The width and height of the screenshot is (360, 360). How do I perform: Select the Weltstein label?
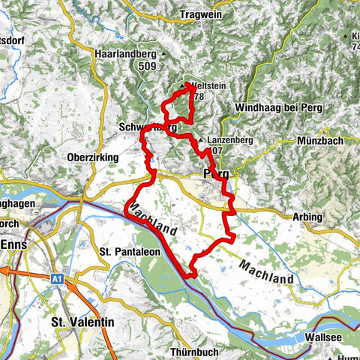point(208,85)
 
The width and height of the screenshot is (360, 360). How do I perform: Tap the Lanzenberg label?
point(229,140)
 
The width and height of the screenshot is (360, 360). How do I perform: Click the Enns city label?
point(16,245)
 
